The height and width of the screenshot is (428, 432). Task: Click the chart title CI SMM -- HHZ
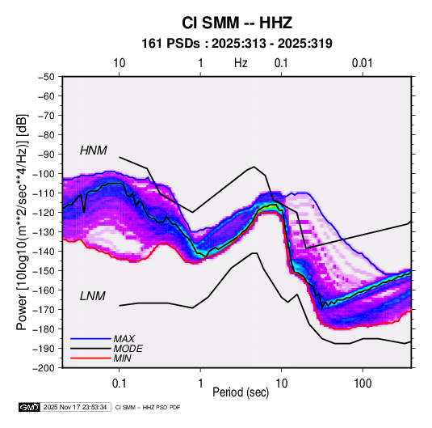coord(237,23)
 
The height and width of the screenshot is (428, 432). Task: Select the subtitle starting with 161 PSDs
coord(237,44)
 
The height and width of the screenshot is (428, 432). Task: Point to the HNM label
coord(94,150)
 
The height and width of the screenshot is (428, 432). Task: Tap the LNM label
coord(93,296)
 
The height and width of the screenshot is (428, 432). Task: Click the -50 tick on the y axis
coord(46,77)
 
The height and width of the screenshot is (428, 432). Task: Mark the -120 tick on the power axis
coord(44,212)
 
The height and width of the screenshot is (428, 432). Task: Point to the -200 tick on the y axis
coord(44,368)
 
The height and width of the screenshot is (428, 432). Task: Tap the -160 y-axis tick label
coord(44,290)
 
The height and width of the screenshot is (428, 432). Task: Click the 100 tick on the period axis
coord(363,384)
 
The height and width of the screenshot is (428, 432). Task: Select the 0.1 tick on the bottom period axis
coord(119,384)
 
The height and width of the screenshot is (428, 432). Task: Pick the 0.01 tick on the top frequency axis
coord(363,63)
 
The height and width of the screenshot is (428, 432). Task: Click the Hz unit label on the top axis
coord(241,63)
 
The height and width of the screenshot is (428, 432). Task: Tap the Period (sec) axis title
coord(241,392)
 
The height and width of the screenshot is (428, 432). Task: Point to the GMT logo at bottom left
coord(29,407)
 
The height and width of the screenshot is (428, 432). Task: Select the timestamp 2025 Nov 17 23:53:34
coord(75,407)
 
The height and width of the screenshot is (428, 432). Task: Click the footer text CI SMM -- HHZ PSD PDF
coord(148,407)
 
